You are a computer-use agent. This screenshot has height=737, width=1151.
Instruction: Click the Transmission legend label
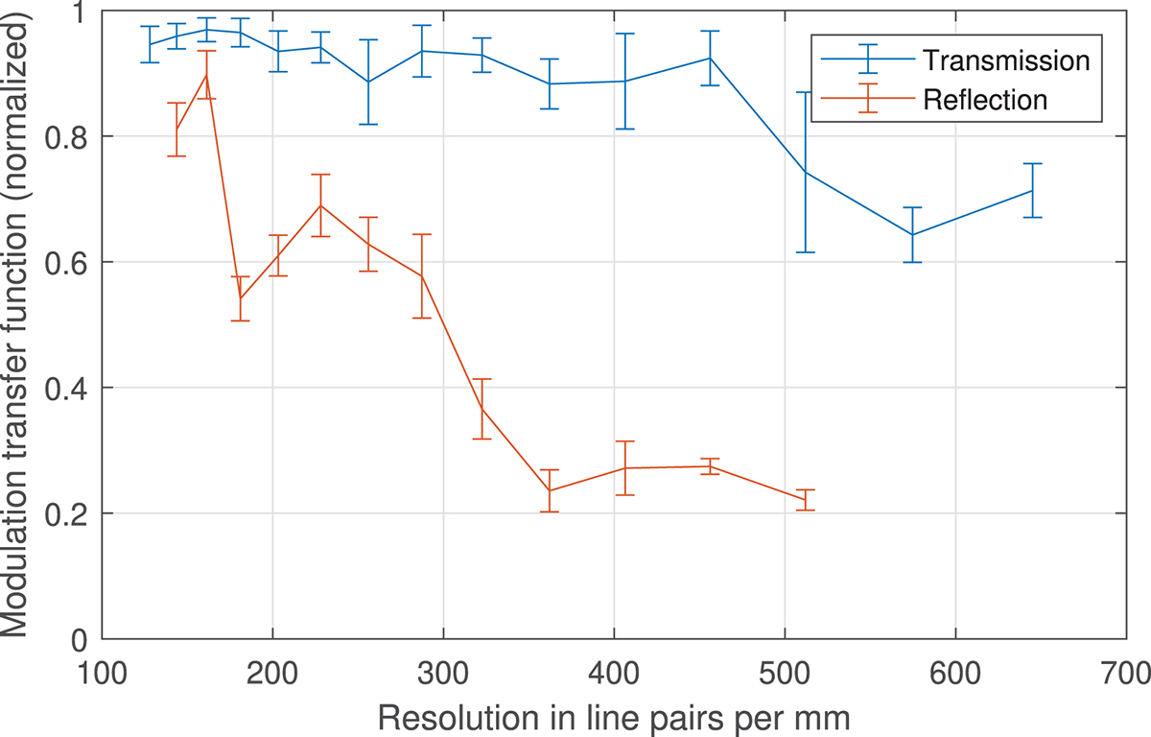click(1006, 60)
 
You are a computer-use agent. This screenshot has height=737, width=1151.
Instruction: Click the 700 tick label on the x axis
click(1126, 668)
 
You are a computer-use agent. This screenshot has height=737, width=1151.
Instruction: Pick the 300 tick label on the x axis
click(443, 668)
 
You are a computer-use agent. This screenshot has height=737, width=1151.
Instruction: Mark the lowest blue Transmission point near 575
click(912, 234)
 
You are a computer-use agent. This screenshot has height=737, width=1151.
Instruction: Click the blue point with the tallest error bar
click(806, 172)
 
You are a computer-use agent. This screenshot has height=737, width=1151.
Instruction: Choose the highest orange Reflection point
click(206, 75)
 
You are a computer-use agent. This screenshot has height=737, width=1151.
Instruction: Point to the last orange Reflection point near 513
click(806, 499)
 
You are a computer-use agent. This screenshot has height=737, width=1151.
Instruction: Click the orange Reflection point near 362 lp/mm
click(550, 491)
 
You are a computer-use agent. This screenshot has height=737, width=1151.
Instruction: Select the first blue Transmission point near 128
click(150, 44)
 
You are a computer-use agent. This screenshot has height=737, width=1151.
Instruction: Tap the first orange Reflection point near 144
click(176, 130)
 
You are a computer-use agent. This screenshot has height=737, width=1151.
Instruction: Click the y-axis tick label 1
click(81, 12)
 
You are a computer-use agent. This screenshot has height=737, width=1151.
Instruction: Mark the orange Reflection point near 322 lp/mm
click(482, 409)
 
